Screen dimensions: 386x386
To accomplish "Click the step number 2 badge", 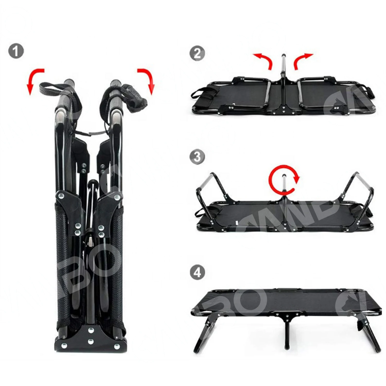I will (x=197, y=54).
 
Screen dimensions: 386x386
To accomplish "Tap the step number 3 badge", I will (x=197, y=157).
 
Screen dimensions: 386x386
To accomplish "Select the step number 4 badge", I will (x=197, y=273).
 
